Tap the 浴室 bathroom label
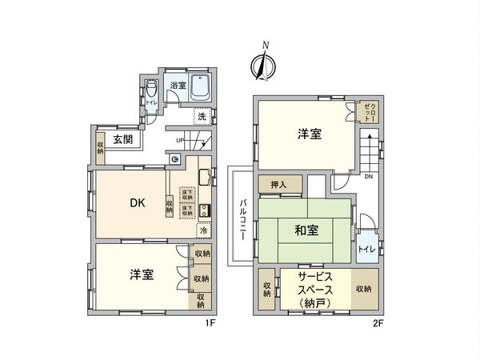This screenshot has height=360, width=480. [x=178, y=85]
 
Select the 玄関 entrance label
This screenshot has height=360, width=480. [x=122, y=139]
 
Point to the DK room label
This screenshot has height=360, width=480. [x=138, y=203]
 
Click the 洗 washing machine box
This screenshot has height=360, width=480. [x=202, y=116]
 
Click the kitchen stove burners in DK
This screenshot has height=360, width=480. [x=204, y=211]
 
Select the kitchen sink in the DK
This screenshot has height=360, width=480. [x=205, y=177]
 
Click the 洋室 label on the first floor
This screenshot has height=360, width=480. [x=142, y=274]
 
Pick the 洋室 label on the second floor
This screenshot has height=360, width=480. [x=310, y=134]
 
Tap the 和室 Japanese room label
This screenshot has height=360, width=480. [x=306, y=231]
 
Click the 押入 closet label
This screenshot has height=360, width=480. [x=280, y=184]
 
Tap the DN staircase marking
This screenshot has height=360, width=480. [x=367, y=177]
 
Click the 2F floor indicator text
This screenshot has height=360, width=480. [x=378, y=322]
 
